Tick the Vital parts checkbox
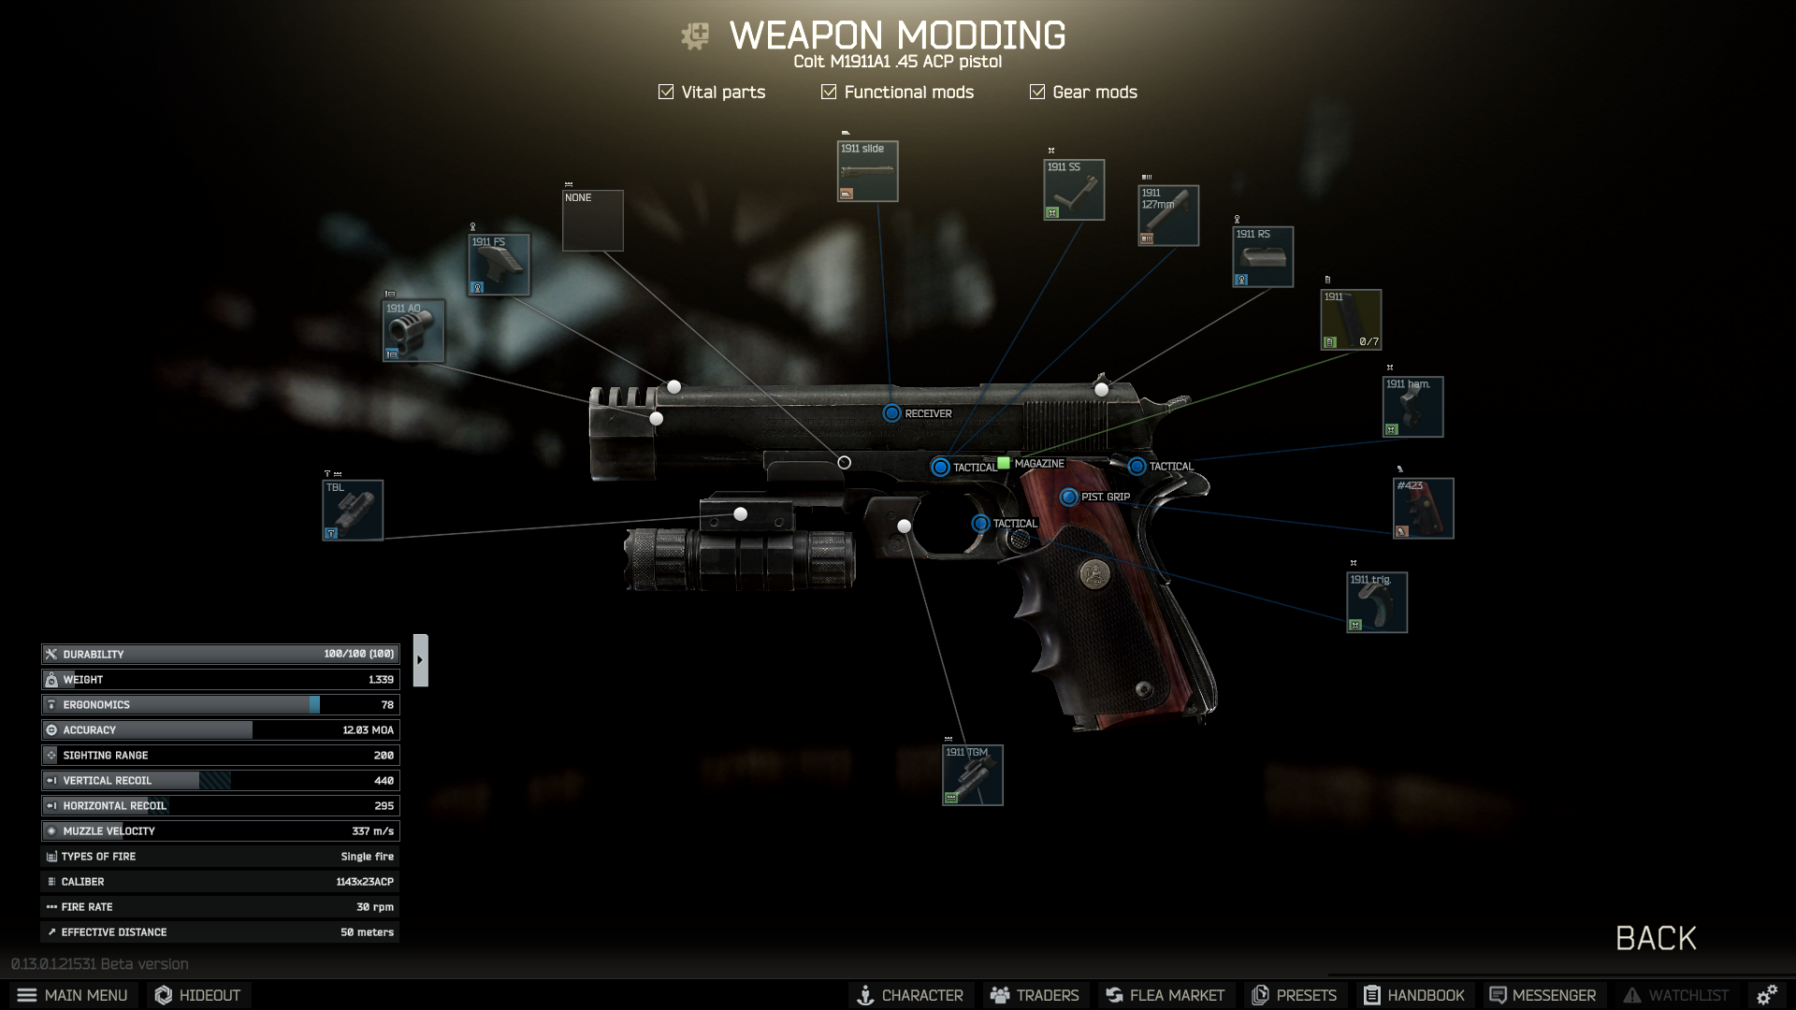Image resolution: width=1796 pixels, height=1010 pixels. point(666,92)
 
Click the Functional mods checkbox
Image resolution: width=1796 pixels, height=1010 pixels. point(829,92)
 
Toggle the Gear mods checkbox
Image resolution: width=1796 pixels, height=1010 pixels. point(1037,92)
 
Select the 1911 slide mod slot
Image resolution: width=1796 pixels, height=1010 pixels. point(867,171)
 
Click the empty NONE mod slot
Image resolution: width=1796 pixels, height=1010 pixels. point(592,221)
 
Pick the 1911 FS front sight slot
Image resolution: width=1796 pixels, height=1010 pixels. point(499,265)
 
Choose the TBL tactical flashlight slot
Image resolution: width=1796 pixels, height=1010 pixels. point(353,510)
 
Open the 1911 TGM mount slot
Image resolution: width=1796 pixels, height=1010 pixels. point(972,775)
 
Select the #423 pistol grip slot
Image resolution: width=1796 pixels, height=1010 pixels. point(1423,508)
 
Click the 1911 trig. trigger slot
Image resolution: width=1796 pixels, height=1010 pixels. point(1376,602)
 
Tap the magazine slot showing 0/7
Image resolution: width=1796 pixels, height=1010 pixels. point(1350,320)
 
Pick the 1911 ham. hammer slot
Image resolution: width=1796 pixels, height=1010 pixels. point(1412,407)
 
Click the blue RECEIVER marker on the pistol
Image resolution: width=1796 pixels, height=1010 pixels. point(891,413)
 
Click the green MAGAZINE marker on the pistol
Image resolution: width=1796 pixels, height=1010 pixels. point(1004,463)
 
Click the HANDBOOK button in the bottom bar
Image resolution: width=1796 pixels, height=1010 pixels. point(1413,995)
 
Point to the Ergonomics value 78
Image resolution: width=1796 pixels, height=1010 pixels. point(387,705)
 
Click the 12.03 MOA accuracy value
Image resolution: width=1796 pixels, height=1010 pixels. point(368,730)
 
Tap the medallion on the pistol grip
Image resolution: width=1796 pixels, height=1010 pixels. point(1093,573)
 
